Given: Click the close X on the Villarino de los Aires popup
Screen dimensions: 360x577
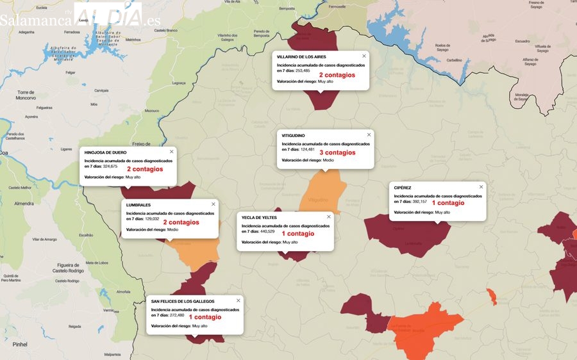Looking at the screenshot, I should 364,56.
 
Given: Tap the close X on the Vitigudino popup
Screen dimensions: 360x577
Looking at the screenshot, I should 369,135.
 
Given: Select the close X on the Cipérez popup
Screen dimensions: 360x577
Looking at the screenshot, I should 481,186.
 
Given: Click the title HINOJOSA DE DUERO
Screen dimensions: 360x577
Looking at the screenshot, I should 105,152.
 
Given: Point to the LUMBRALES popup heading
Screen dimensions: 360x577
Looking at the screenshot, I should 138,204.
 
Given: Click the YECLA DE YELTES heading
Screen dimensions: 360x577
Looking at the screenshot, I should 259,217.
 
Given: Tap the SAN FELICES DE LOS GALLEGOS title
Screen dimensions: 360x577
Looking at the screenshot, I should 183,300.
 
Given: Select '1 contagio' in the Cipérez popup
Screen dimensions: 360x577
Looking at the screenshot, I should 448,203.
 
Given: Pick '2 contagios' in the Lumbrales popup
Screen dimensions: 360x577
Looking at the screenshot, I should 181,222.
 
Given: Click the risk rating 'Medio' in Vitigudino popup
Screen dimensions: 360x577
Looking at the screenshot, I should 328,160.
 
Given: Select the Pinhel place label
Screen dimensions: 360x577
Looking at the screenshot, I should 20,344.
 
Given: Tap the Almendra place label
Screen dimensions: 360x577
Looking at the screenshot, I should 24,203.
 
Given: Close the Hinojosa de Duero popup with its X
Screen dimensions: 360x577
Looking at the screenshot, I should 171,151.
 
